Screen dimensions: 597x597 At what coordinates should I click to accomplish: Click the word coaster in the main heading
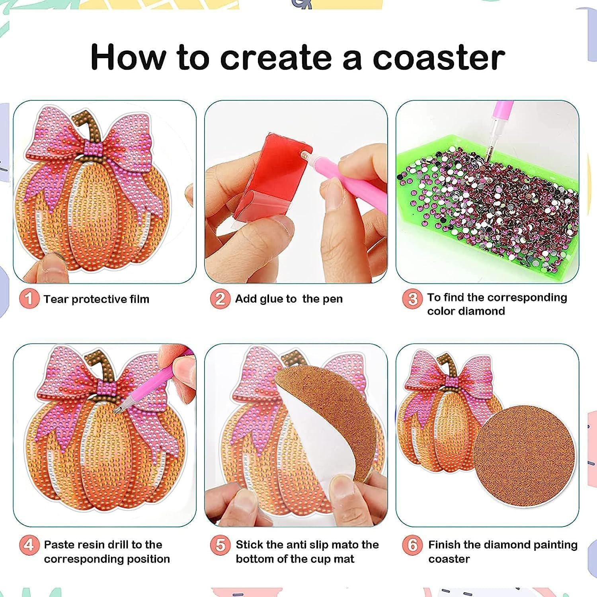coord(439,57)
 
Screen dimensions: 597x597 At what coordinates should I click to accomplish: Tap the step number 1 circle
coord(29,299)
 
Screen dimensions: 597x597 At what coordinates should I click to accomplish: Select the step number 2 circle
coord(220,299)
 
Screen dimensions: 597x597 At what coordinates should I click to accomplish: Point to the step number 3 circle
coord(412,299)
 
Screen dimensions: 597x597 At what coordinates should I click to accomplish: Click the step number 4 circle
coord(29,544)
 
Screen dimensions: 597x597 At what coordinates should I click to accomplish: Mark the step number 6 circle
coord(412,544)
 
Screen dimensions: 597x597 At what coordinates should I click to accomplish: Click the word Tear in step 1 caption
coord(55,299)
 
